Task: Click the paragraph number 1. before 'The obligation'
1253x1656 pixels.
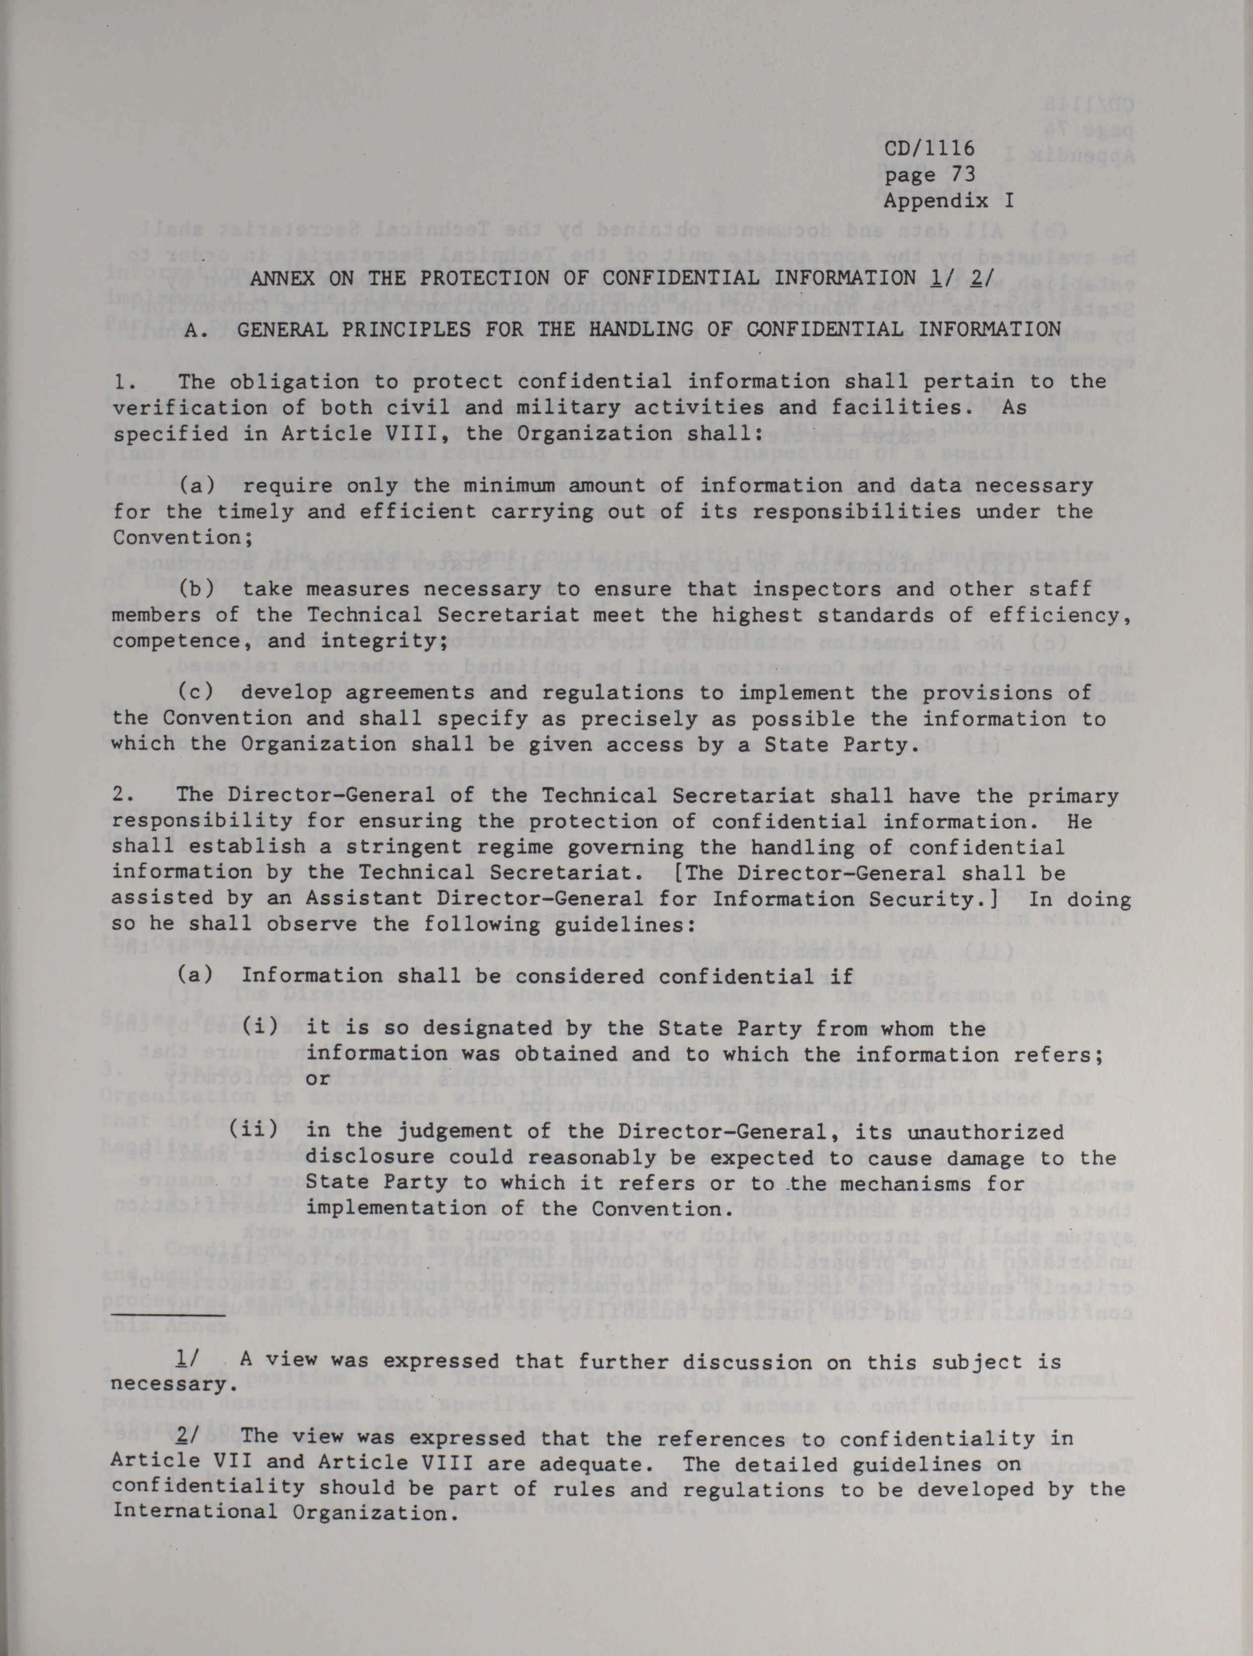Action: click(x=123, y=382)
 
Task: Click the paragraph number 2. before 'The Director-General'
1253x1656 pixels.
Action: click(x=123, y=796)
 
